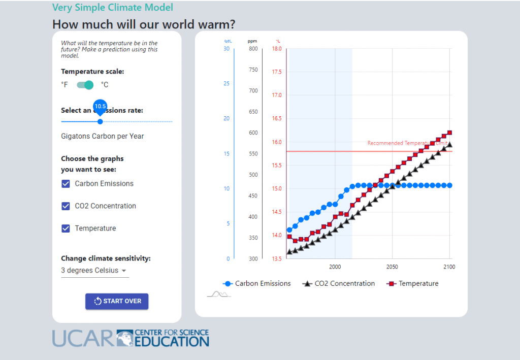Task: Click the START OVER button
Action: click(x=117, y=301)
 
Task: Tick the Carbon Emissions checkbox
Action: click(x=66, y=184)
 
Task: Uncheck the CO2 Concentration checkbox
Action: click(x=66, y=206)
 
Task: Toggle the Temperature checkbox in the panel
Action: click(x=66, y=228)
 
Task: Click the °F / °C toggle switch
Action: click(x=85, y=85)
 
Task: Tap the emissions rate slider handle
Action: click(x=100, y=121)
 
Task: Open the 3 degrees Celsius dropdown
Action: click(x=94, y=271)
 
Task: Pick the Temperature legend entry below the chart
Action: click(x=412, y=284)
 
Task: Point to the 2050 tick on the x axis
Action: click(x=392, y=267)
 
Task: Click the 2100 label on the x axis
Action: click(x=448, y=267)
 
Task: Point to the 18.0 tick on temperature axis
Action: click(x=277, y=49)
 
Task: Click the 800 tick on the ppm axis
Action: click(x=253, y=49)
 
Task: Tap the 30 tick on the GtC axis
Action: click(x=226, y=49)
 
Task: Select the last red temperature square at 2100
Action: click(x=449, y=133)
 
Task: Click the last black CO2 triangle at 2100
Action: click(x=449, y=145)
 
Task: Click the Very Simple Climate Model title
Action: click(x=112, y=8)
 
